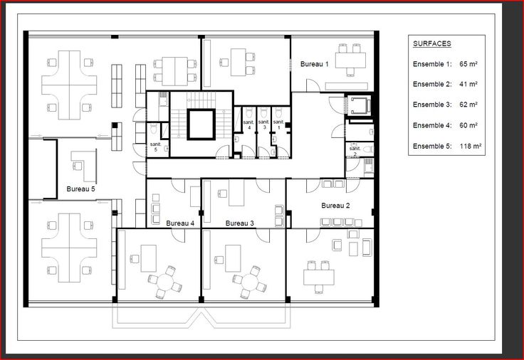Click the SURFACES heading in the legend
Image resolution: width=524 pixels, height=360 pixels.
click(432, 43)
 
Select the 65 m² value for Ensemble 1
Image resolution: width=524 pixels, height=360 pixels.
click(468, 64)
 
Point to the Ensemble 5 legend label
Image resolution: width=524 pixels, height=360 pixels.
click(432, 146)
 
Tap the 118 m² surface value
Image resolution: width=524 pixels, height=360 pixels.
click(470, 146)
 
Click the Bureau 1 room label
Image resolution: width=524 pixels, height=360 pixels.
click(314, 64)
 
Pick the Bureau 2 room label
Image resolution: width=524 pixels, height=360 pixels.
click(335, 206)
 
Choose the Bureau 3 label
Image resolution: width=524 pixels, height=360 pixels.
click(240, 223)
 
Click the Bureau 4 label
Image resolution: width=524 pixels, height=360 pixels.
click(180, 223)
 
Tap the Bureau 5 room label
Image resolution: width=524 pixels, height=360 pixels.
click(80, 189)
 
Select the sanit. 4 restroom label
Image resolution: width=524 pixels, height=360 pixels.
click(248, 125)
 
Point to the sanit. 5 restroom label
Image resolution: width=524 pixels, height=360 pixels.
click(155, 147)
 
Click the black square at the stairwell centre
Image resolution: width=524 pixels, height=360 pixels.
click(201, 125)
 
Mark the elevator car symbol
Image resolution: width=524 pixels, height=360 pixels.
click(360, 105)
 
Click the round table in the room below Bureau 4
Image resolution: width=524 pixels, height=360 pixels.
click(164, 282)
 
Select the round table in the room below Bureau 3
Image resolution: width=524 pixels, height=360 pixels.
click(249, 282)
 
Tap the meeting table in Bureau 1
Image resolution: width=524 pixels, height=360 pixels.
click(350, 60)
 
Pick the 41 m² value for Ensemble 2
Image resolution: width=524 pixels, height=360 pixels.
click(468, 84)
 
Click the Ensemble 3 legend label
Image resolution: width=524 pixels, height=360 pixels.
click(432, 105)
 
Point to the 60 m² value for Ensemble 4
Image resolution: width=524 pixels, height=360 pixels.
click(468, 125)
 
